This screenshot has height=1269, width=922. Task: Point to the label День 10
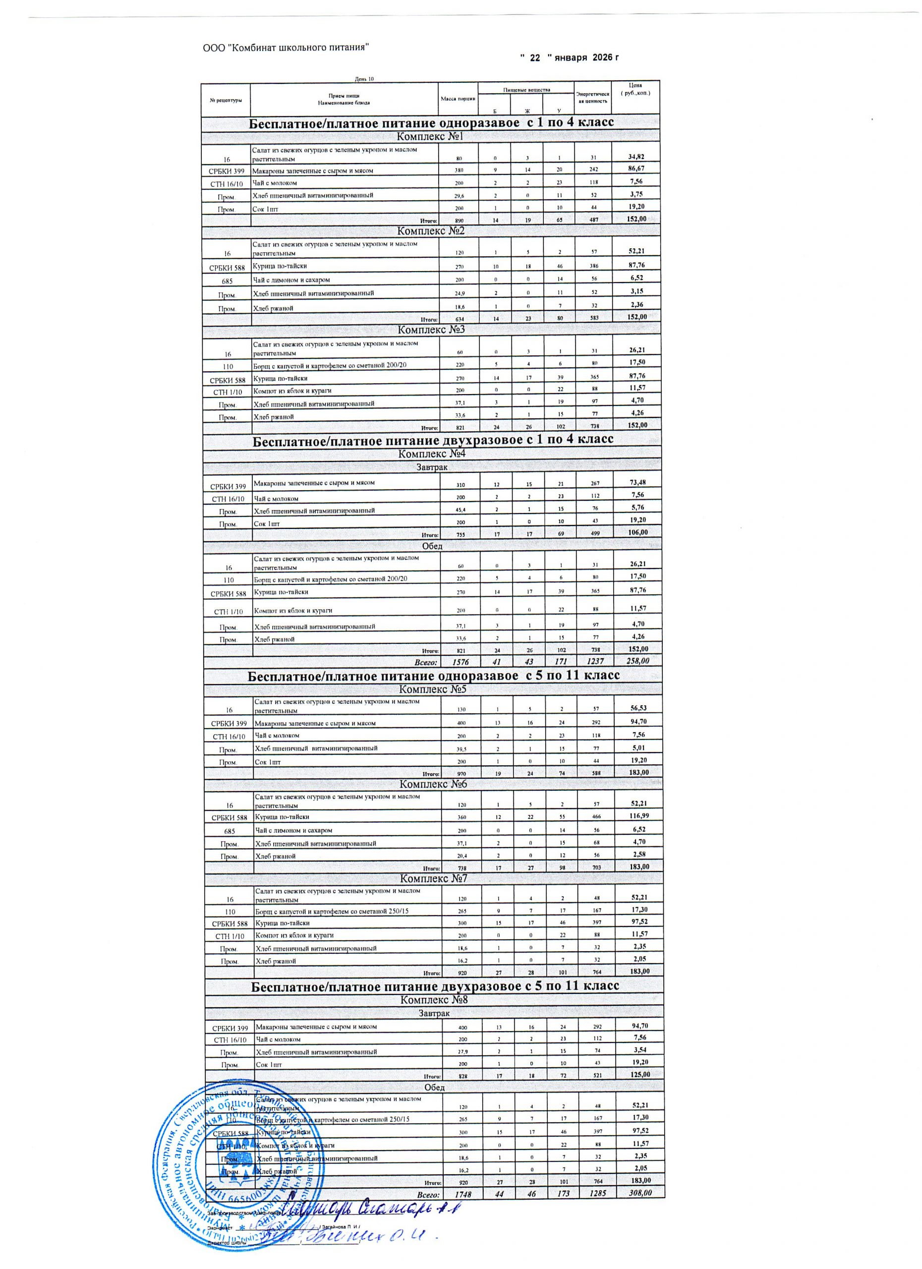[364, 78]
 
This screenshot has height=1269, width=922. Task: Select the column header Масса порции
[458, 99]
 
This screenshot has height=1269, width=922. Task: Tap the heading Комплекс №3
[431, 330]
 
